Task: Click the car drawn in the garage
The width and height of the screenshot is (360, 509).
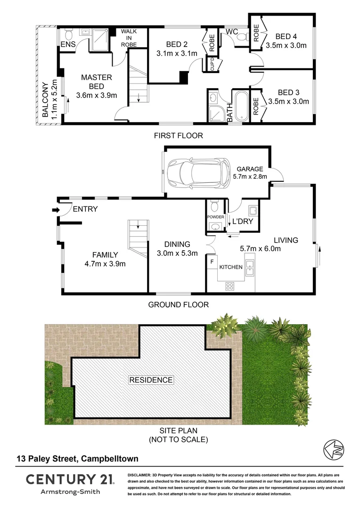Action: (197, 172)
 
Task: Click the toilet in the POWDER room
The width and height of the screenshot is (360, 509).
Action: (215, 206)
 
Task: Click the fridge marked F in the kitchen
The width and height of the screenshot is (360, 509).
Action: (212, 261)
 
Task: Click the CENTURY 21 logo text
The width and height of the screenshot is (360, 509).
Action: (69, 480)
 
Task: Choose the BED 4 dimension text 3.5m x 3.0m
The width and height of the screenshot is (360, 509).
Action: (286, 46)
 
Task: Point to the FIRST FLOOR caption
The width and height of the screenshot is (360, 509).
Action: (179, 136)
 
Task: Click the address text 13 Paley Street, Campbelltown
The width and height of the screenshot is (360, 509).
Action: (77, 458)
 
